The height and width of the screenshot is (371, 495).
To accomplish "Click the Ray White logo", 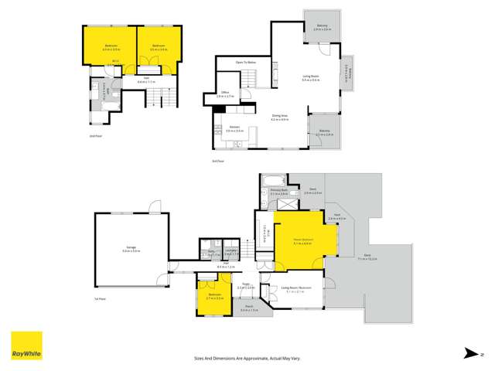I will click(26, 346).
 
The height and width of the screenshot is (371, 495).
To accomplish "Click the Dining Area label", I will click(279, 117).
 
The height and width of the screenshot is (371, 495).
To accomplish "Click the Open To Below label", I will click(246, 62).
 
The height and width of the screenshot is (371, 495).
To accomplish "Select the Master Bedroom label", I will click(302, 240).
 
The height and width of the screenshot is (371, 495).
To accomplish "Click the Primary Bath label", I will click(278, 190).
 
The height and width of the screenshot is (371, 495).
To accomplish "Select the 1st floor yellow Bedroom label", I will click(213, 294).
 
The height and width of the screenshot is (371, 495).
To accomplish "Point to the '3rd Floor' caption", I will click(218, 161).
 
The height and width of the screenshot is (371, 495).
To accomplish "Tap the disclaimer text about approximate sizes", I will click(247, 359).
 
